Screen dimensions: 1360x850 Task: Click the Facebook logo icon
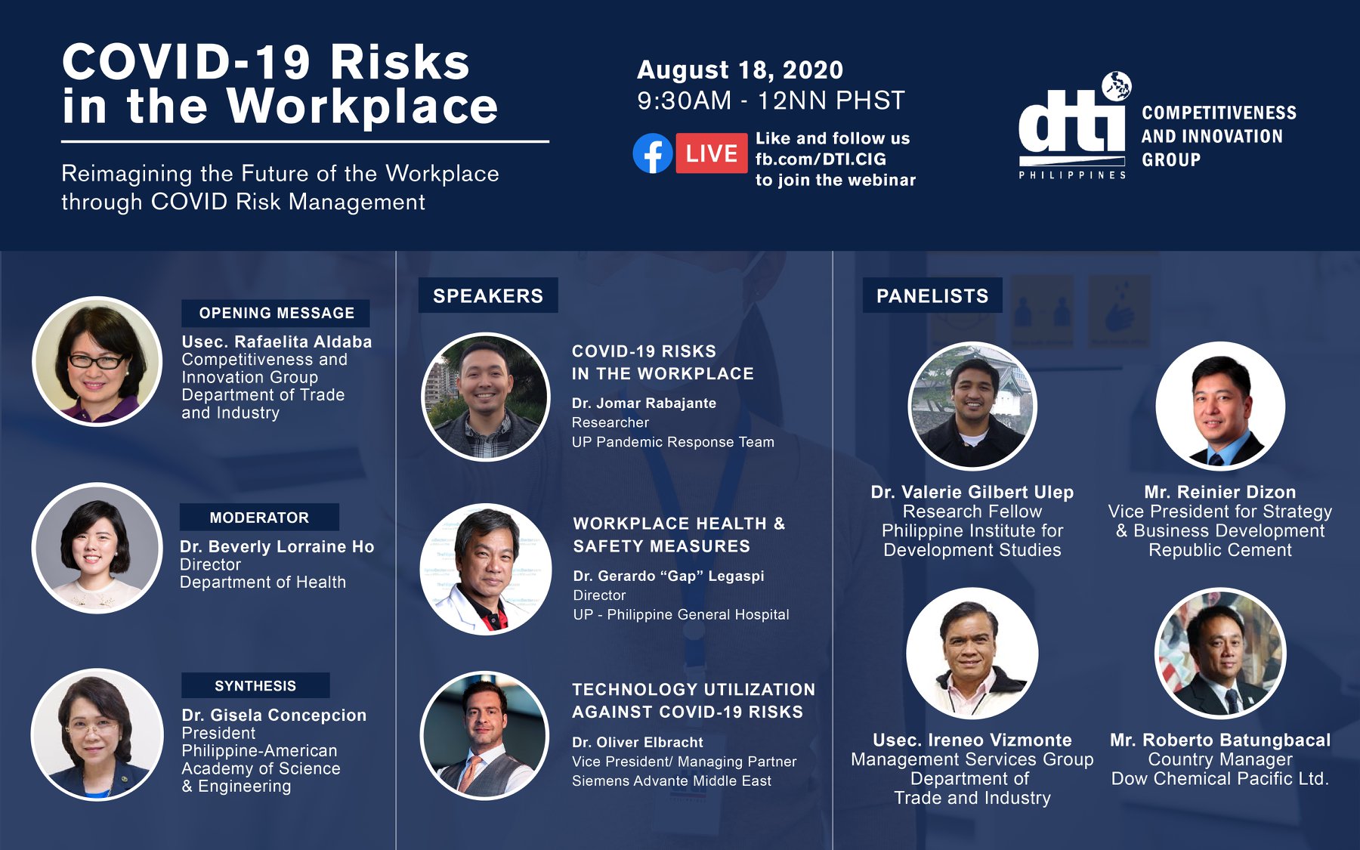653,153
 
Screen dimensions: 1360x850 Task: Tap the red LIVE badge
711,153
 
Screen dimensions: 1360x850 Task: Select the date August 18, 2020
740,70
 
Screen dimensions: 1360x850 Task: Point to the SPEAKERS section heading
488,295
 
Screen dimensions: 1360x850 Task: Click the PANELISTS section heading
932,295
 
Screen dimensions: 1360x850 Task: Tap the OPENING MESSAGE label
276,313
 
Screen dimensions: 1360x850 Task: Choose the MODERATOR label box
259,518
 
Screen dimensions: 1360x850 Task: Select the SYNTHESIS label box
255,685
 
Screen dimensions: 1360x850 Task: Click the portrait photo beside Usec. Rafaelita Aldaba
97,362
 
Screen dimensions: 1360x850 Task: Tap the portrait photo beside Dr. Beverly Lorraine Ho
97,549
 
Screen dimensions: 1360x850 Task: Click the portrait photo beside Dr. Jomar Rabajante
486,397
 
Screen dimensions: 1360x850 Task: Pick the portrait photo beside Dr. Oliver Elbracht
484,736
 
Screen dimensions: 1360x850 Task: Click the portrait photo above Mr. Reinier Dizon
1220,406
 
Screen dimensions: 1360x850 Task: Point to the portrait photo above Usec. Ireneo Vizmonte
972,654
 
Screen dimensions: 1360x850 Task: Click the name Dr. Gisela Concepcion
274,715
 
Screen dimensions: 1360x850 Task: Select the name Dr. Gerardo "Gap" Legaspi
669,576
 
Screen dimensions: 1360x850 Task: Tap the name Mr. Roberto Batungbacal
1220,740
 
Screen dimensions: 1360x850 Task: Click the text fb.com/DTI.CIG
821,159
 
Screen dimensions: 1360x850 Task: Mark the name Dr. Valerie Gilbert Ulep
972,492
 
